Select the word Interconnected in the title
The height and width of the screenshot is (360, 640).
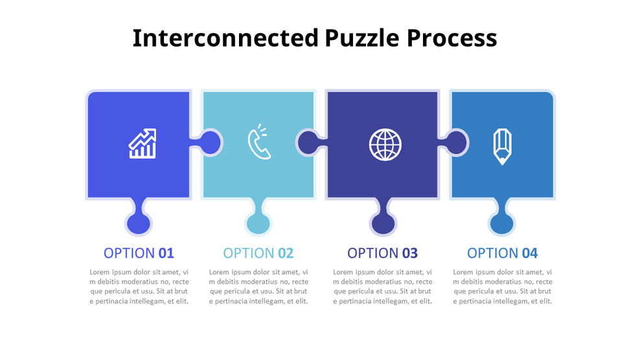[225, 38]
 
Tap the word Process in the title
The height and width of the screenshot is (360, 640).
[451, 38]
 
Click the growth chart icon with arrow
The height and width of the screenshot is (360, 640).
[143, 144]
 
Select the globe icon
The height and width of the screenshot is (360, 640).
[385, 144]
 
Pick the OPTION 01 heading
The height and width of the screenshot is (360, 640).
[139, 253]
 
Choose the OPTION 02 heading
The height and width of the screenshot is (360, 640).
[258, 253]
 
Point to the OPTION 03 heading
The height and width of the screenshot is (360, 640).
[382, 253]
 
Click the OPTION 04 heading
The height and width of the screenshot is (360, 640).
[502, 253]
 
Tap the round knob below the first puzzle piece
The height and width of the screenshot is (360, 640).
[139, 223]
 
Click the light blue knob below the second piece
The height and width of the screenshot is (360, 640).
[258, 223]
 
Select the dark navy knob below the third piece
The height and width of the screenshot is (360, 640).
[383, 223]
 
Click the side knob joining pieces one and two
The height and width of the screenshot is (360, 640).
[209, 142]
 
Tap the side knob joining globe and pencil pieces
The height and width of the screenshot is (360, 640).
[455, 142]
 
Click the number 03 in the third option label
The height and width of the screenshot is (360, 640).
[409, 253]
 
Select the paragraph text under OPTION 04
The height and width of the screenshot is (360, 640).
[502, 287]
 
